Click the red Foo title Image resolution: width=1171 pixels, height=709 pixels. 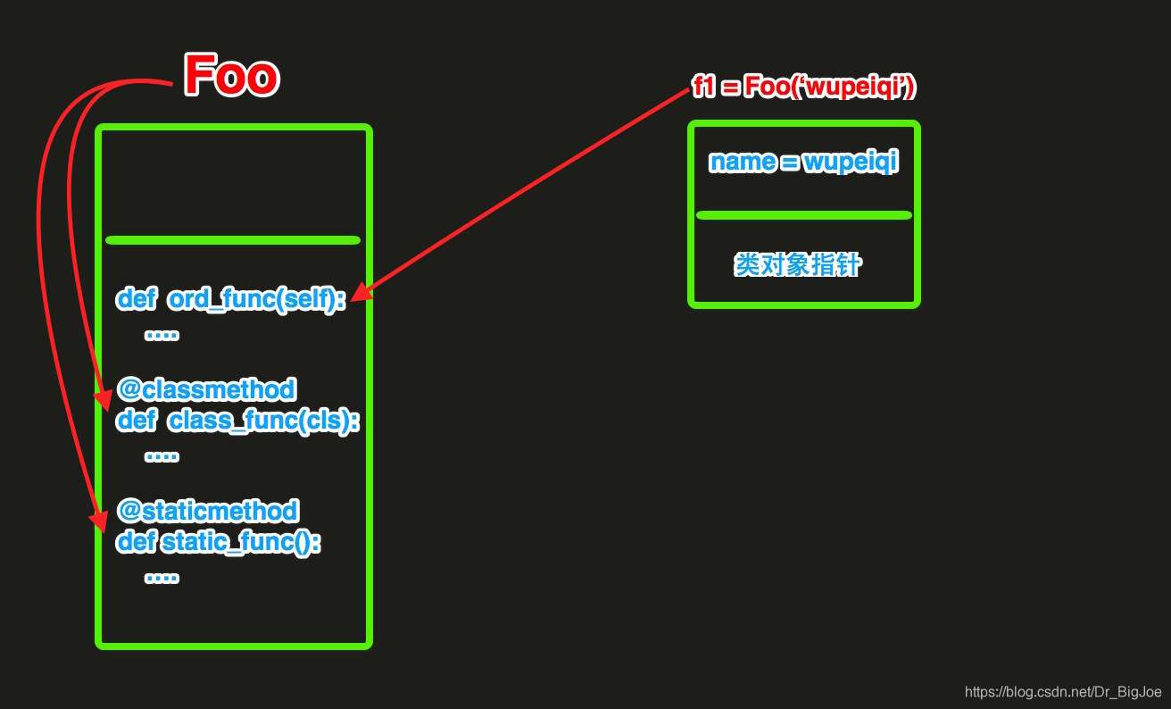tap(231, 75)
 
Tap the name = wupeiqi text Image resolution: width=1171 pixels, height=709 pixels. tap(803, 163)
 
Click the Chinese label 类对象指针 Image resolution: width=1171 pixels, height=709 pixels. tap(798, 265)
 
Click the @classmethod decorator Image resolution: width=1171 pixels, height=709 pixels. tap(205, 389)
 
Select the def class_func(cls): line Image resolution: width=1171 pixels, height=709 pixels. tap(237, 420)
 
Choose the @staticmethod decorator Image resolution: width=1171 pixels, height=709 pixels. tap(207, 511)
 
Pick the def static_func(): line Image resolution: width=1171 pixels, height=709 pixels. tap(218, 541)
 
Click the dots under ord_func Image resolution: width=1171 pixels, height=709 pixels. tap(162, 335)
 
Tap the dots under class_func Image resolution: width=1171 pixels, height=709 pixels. tap(162, 455)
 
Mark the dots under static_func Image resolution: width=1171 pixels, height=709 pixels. tap(162, 577)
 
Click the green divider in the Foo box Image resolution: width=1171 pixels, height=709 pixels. tap(232, 239)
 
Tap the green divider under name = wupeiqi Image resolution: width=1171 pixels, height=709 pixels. tap(803, 215)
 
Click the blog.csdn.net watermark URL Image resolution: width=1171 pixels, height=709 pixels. tap(1063, 691)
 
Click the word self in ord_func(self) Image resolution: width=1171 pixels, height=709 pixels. tap(311, 299)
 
